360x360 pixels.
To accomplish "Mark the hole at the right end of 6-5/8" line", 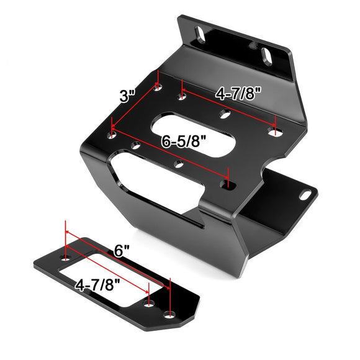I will pyautogui.click(x=228, y=185).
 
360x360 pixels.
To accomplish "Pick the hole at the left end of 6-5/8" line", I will pyautogui.click(x=112, y=132).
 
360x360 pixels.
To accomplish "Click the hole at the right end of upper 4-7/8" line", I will pyautogui.click(x=275, y=131).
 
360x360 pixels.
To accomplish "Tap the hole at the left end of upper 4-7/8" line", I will pyautogui.click(x=181, y=96).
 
